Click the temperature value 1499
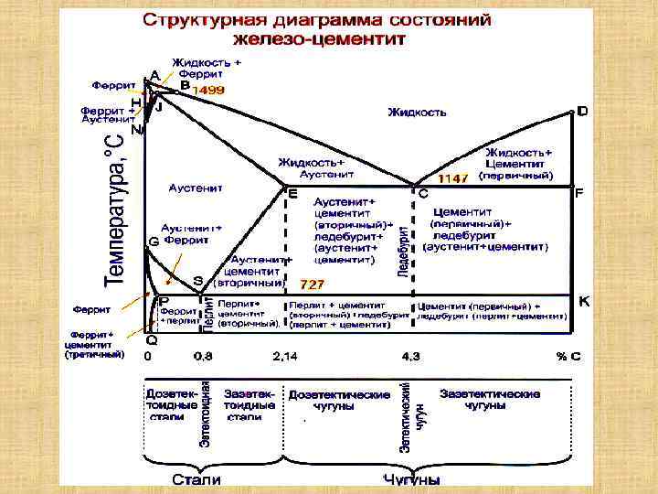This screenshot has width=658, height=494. coord(207,91)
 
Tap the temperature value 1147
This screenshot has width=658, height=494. coord(453,177)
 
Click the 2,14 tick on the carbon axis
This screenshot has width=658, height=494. coord(286,355)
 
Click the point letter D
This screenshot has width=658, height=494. coord(582,111)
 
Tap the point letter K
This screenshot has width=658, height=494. coord(583,301)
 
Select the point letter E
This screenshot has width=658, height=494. coord(292,195)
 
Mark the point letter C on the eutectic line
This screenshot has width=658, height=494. coord(423,195)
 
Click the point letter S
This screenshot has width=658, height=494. coord(197,280)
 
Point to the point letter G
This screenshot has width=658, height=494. coord(153,242)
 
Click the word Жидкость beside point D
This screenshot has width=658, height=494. coord(417,112)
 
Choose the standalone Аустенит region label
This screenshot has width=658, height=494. coord(196,188)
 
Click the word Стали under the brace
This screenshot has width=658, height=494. coord(196,479)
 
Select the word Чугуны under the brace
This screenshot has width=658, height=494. coord(411,479)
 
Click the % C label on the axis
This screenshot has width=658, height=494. coord(568,355)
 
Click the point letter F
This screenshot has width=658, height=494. coord(578,195)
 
